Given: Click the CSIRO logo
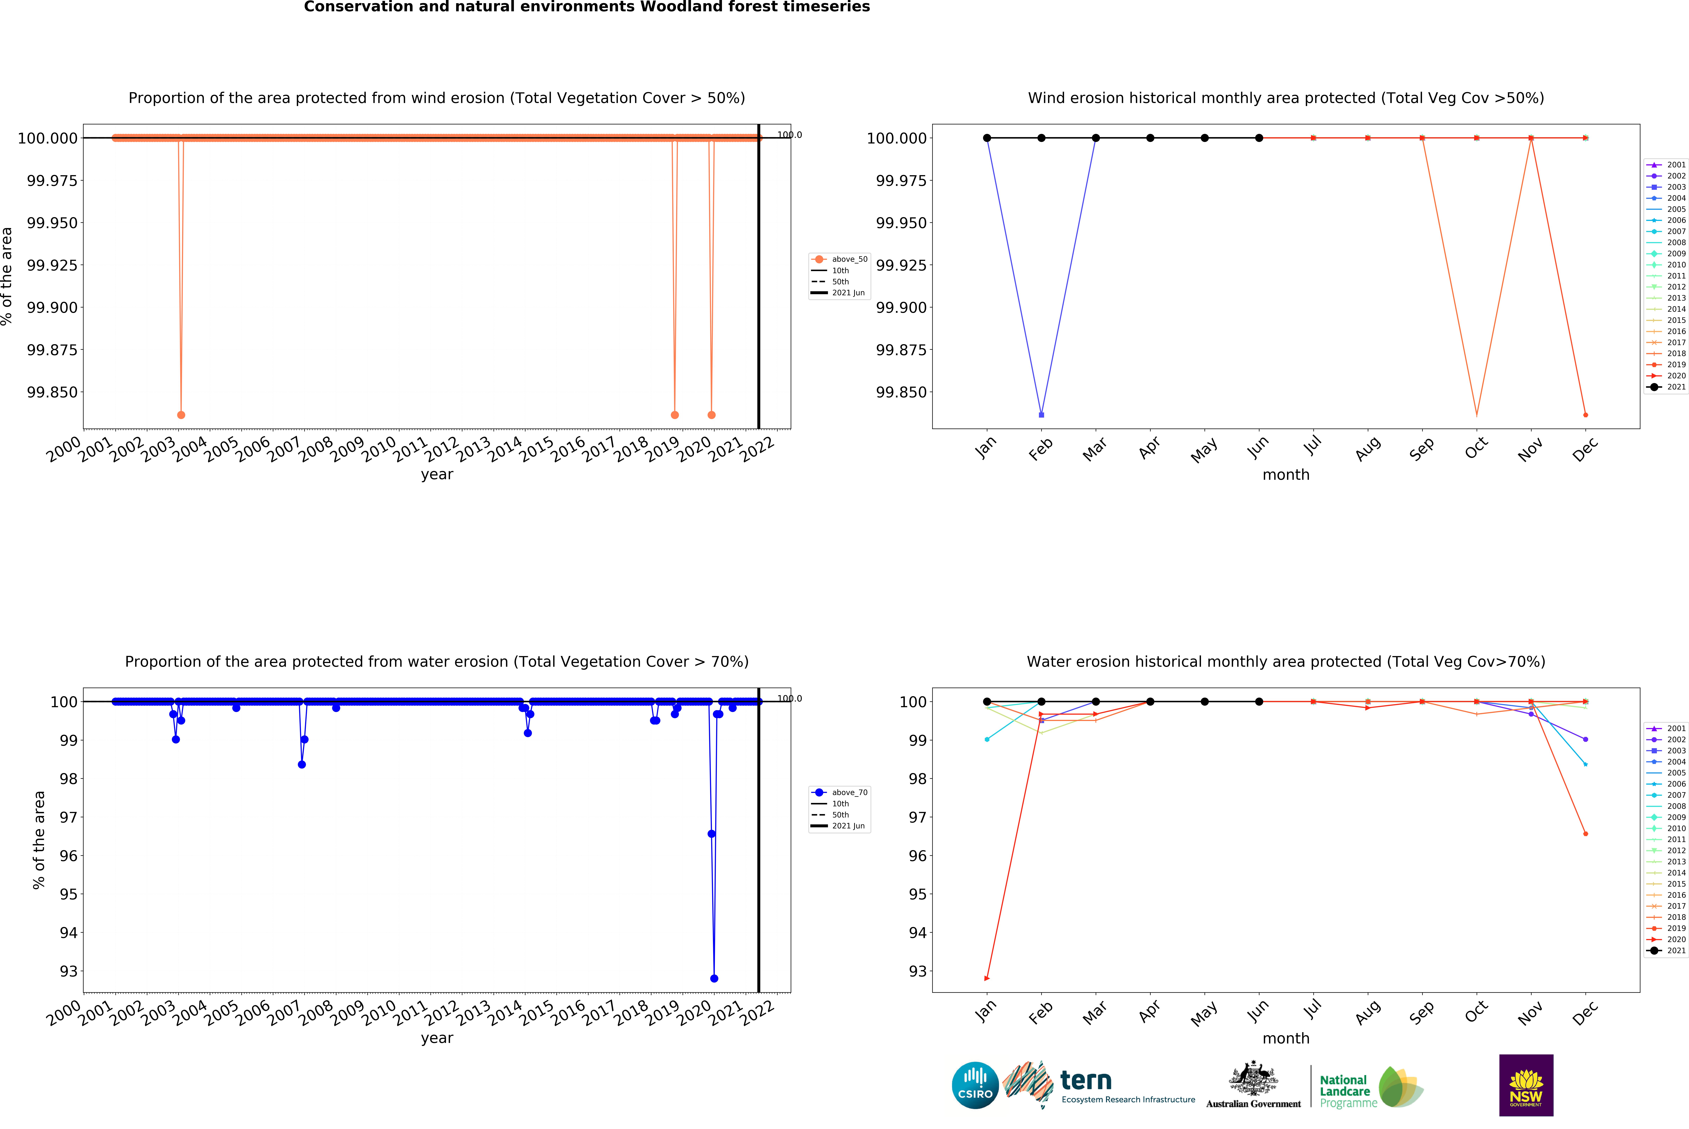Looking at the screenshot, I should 975,1085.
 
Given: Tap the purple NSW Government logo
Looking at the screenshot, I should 1526,1085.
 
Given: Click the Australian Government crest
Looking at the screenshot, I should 1253,1079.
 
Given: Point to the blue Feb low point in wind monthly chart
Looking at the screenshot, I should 1041,415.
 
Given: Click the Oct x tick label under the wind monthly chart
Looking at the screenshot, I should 1475,448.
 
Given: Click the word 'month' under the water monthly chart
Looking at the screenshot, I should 1286,1038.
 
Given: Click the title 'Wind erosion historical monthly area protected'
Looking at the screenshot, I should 1286,98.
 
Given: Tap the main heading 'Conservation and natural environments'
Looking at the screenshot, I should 587,7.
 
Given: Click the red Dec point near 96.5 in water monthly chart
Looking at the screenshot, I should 1585,834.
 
